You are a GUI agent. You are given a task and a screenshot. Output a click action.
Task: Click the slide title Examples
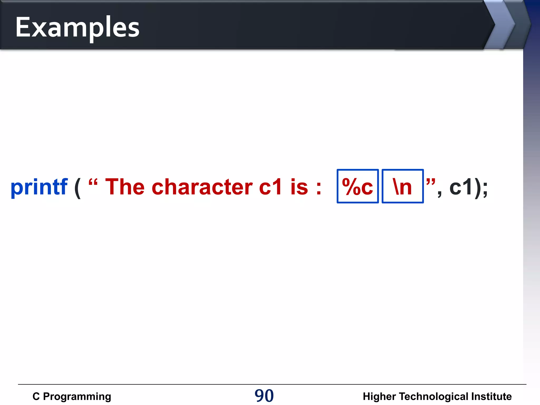[x=77, y=27]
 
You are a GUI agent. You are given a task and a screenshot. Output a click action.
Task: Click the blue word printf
[x=39, y=187]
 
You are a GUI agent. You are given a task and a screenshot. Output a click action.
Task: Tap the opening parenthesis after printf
[x=78, y=188]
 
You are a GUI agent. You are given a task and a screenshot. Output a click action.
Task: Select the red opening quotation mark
[x=93, y=182]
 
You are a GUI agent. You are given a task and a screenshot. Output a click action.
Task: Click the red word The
[x=125, y=187]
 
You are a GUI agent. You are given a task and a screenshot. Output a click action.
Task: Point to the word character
[x=202, y=187]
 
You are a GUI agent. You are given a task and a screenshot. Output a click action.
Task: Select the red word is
[x=299, y=187]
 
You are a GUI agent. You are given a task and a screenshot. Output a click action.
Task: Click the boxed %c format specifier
[x=358, y=186]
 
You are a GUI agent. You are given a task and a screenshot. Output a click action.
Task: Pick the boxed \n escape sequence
[x=402, y=186]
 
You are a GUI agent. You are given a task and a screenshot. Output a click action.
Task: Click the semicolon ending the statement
[x=485, y=189]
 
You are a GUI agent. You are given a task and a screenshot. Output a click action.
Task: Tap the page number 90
[x=264, y=396]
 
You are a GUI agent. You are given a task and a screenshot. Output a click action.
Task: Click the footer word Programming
[x=77, y=397]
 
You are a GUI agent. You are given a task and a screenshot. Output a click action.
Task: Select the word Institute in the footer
[x=491, y=397]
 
